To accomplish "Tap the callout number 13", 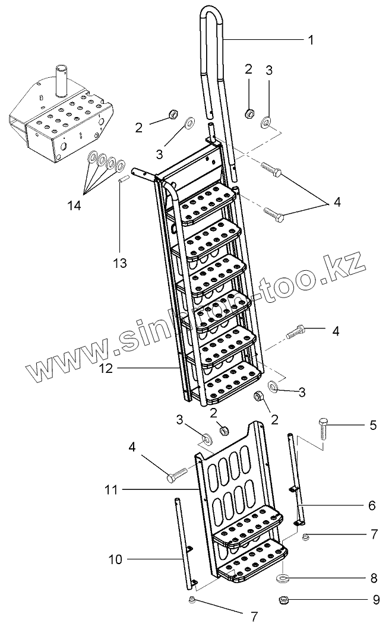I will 120,262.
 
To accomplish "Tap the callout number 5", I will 372,425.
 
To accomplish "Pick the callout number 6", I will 372,505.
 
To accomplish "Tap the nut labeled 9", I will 283,600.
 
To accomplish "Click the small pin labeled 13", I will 121,179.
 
